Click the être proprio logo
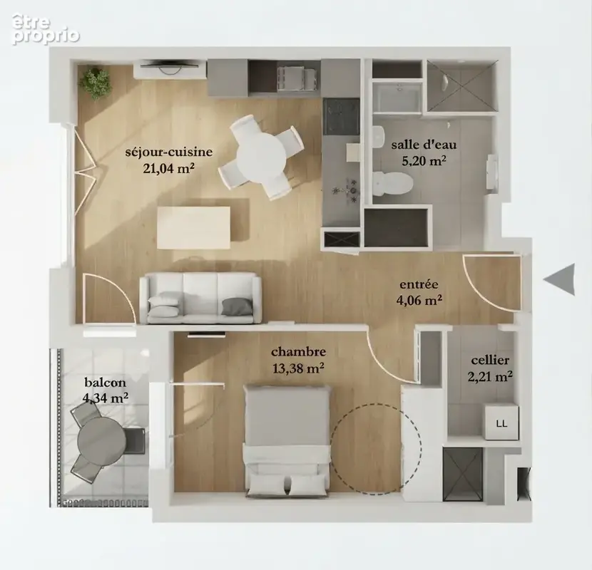tap(46, 29)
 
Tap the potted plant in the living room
tap(95, 83)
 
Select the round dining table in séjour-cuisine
tap(261, 157)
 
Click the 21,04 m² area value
tap(169, 168)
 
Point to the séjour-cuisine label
tap(169, 152)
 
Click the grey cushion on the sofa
tap(236, 306)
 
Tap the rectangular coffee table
tap(194, 227)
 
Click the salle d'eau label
tap(424, 145)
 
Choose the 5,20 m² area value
tap(424, 161)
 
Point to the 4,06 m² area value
tap(419, 300)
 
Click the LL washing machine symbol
tap(501, 421)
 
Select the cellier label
tap(490, 361)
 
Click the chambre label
tap(298, 352)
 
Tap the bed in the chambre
tap(287, 440)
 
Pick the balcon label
tap(105, 383)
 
